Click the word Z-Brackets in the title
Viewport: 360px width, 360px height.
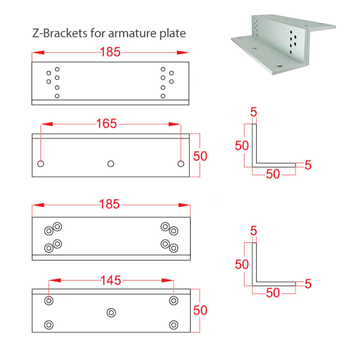(x=60, y=33)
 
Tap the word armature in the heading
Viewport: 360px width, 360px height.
(x=132, y=34)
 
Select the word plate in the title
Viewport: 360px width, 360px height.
(x=172, y=34)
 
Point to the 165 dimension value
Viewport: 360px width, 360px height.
(x=107, y=124)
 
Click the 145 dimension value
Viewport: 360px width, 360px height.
(x=111, y=280)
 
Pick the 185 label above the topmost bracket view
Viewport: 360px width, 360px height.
(x=110, y=52)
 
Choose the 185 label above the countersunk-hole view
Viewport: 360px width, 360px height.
(x=109, y=204)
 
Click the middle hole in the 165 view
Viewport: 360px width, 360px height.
(x=111, y=164)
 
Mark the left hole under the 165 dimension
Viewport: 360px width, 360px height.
(x=40, y=164)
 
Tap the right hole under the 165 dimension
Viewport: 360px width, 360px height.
(x=181, y=164)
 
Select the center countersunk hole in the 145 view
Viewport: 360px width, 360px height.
(x=111, y=313)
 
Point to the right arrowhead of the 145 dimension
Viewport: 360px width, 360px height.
(x=167, y=280)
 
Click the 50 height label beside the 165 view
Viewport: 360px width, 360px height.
(x=200, y=156)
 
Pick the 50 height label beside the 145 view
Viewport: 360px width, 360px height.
(x=200, y=310)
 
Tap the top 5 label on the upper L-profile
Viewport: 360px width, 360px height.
(x=253, y=112)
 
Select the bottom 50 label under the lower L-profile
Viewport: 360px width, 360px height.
(x=273, y=293)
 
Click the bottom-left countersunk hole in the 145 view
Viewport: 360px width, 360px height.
(x=49, y=325)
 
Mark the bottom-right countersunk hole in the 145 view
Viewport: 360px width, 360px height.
(x=174, y=325)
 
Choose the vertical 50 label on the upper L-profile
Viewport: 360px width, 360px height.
(x=242, y=145)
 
